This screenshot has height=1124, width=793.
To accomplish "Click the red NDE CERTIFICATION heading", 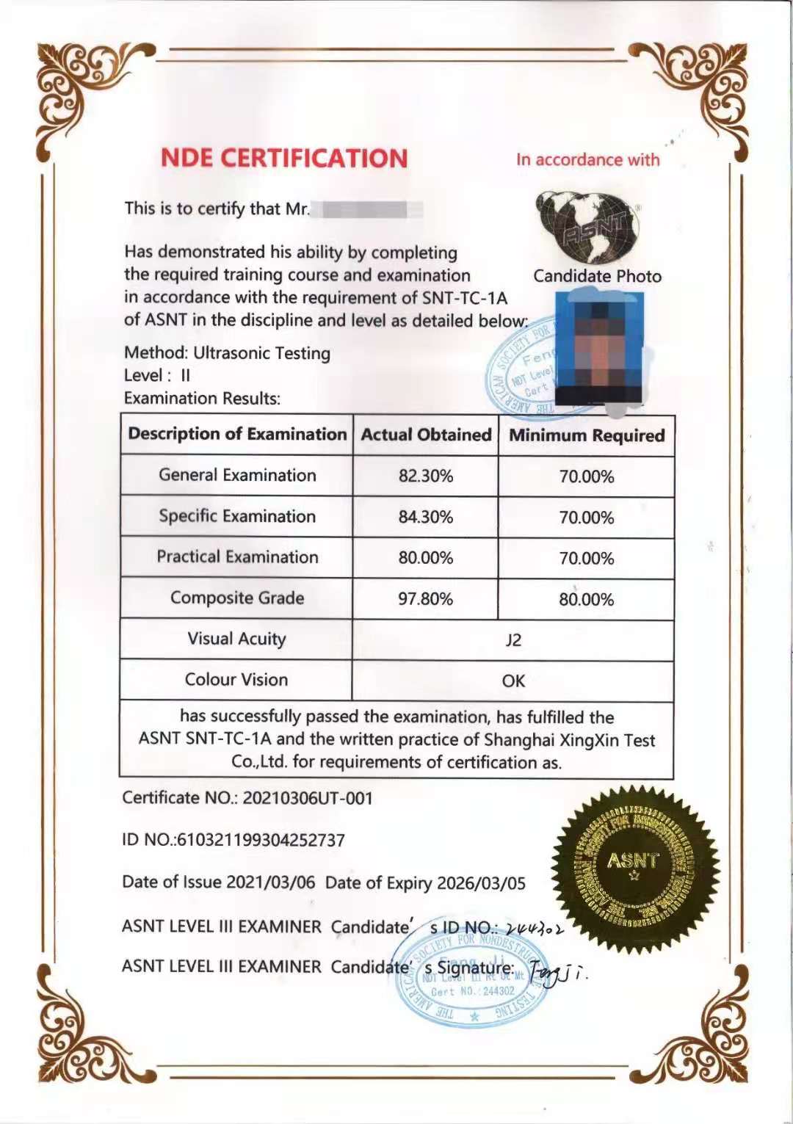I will [x=283, y=159].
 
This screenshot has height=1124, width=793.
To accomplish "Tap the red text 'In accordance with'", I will [x=587, y=159].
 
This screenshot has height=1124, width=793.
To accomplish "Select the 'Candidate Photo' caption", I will [x=597, y=276].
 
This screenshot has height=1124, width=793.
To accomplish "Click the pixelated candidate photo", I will [x=598, y=347].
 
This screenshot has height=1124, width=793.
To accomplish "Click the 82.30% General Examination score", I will [x=426, y=476].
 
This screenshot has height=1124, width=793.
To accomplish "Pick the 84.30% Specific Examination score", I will [x=426, y=517].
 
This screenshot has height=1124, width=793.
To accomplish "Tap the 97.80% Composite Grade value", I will [x=426, y=599].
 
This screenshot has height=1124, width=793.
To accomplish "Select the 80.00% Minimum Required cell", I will [x=586, y=599].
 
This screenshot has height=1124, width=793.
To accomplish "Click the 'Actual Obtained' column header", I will [x=426, y=435].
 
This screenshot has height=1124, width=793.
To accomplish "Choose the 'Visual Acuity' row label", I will [x=236, y=639].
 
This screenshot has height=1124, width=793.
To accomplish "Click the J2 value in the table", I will [x=513, y=640].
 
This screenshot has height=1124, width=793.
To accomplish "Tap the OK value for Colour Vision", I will [x=513, y=681].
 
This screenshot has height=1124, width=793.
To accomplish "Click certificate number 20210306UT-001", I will [x=308, y=798].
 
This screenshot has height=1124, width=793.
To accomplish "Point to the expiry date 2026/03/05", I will [x=481, y=882].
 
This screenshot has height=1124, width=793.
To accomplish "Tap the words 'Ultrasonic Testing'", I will [x=261, y=353].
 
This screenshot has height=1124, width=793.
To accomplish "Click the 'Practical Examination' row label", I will [x=237, y=557].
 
